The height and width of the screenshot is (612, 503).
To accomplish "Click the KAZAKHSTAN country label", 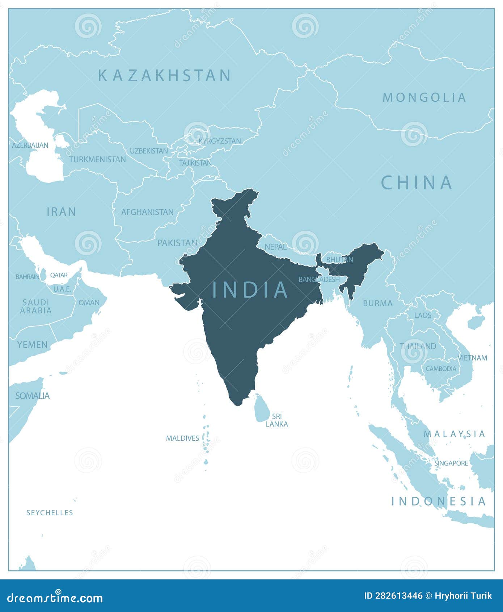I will (x=165, y=75).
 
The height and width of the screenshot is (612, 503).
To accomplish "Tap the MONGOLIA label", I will (x=424, y=97).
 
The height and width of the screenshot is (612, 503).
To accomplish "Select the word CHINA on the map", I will (x=417, y=183).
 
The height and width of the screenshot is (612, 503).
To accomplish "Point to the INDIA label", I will (x=250, y=290).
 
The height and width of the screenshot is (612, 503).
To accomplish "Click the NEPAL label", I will (x=276, y=247).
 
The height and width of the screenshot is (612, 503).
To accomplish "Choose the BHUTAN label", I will (x=339, y=260).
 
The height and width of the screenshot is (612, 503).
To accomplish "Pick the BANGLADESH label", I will (x=319, y=279).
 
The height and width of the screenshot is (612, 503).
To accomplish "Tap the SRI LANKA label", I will (x=277, y=420).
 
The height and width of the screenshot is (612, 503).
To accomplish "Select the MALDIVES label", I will (x=182, y=438).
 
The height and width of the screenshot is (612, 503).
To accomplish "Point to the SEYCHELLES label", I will (x=50, y=512).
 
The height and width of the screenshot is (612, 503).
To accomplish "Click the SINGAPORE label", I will (x=451, y=463).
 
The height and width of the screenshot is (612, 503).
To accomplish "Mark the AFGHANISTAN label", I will (x=147, y=212).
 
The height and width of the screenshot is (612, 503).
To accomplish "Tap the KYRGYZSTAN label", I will (x=220, y=141).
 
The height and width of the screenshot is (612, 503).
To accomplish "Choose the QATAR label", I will (x=59, y=275).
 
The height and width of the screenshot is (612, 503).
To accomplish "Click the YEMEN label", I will (x=32, y=344).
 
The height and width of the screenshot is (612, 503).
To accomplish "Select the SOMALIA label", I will (x=33, y=396).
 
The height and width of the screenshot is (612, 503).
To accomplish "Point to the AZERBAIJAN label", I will (x=30, y=145).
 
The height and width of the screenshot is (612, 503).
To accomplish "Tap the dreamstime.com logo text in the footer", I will (x=55, y=598).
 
